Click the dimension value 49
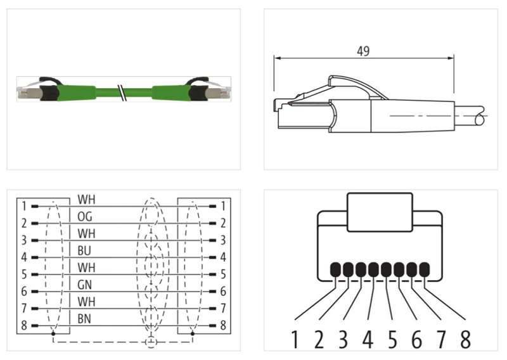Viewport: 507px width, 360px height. click(x=363, y=51)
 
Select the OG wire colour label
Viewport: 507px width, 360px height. click(x=85, y=217)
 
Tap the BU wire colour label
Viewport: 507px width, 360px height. click(x=84, y=250)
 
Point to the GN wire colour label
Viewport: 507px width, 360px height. click(x=85, y=285)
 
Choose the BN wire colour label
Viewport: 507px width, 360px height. click(x=85, y=318)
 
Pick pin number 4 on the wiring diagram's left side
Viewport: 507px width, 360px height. click(x=24, y=258)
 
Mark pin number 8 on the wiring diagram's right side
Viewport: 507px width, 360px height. click(x=222, y=326)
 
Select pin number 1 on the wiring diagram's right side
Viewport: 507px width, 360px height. click(x=222, y=207)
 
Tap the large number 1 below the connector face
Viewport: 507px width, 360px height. click(x=295, y=340)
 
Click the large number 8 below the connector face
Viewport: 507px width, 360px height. click(x=465, y=340)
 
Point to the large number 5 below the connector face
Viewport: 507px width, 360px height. click(x=392, y=340)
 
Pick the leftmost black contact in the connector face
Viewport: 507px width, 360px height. click(x=335, y=269)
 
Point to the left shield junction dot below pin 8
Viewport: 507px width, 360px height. click(x=53, y=333)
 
